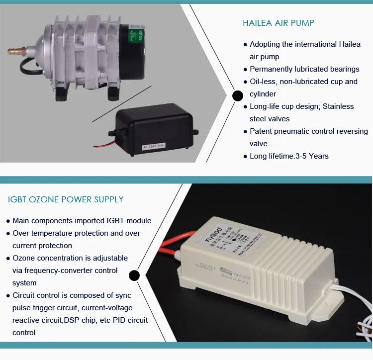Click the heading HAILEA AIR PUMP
[278, 23]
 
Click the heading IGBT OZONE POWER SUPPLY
[66, 200]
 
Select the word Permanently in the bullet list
[272, 69]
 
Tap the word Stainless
[338, 106]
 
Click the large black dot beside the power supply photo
[134, 275]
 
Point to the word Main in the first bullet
[21, 221]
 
